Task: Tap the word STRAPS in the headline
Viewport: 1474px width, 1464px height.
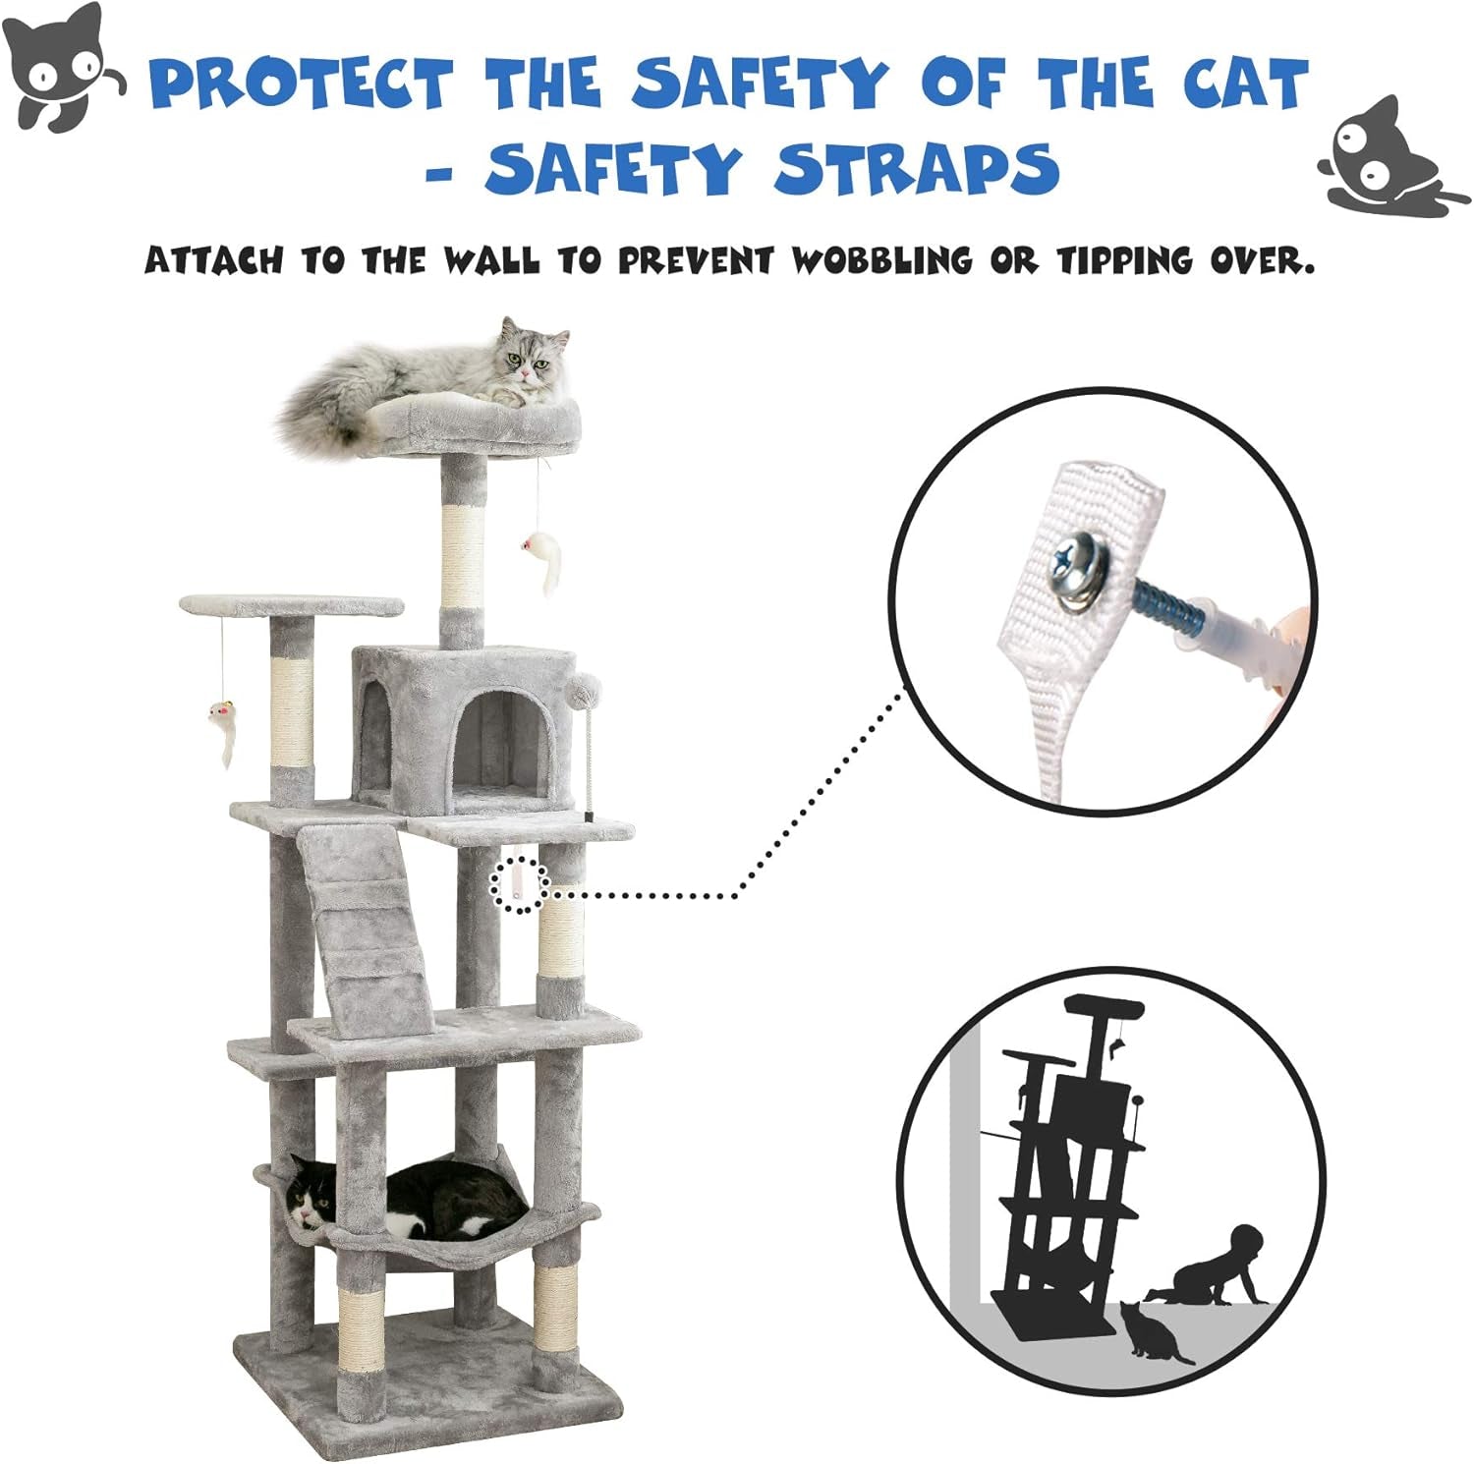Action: pos(917,168)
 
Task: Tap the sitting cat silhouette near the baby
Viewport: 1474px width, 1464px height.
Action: pos(1152,1333)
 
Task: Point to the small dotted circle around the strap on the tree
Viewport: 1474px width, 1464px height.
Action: pos(518,885)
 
